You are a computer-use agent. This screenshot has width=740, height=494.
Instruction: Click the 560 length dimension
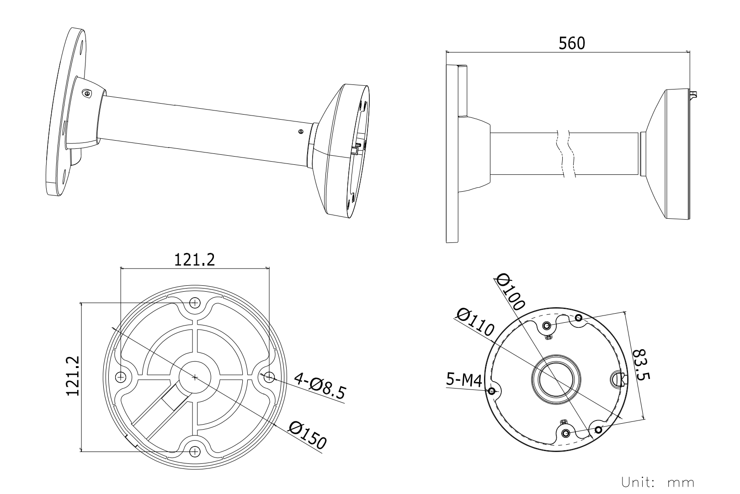point(572,43)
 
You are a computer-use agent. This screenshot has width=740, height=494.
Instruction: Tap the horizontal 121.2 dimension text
point(194,260)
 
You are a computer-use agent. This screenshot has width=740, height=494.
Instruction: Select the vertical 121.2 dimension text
point(73,376)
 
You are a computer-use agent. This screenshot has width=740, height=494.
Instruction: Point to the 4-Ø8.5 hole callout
point(320,386)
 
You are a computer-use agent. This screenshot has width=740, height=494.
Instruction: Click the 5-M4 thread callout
point(464,379)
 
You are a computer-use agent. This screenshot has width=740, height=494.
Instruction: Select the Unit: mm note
point(658,483)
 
